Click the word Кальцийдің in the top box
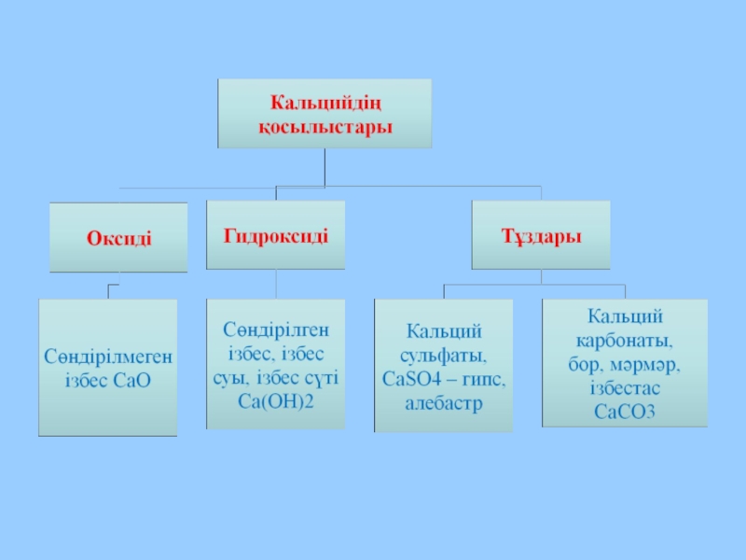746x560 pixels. click(325, 101)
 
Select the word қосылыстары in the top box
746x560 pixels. click(325, 125)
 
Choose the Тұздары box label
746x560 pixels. click(542, 235)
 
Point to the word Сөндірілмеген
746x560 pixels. click(108, 357)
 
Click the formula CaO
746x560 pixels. click(134, 380)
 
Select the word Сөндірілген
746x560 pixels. click(276, 329)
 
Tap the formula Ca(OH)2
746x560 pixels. click(276, 400)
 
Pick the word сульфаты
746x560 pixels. click(444, 356)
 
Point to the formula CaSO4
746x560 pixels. click(415, 380)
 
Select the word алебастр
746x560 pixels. click(444, 403)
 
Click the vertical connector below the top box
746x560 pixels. click(325, 167)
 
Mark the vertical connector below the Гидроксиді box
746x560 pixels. click(276, 286)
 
